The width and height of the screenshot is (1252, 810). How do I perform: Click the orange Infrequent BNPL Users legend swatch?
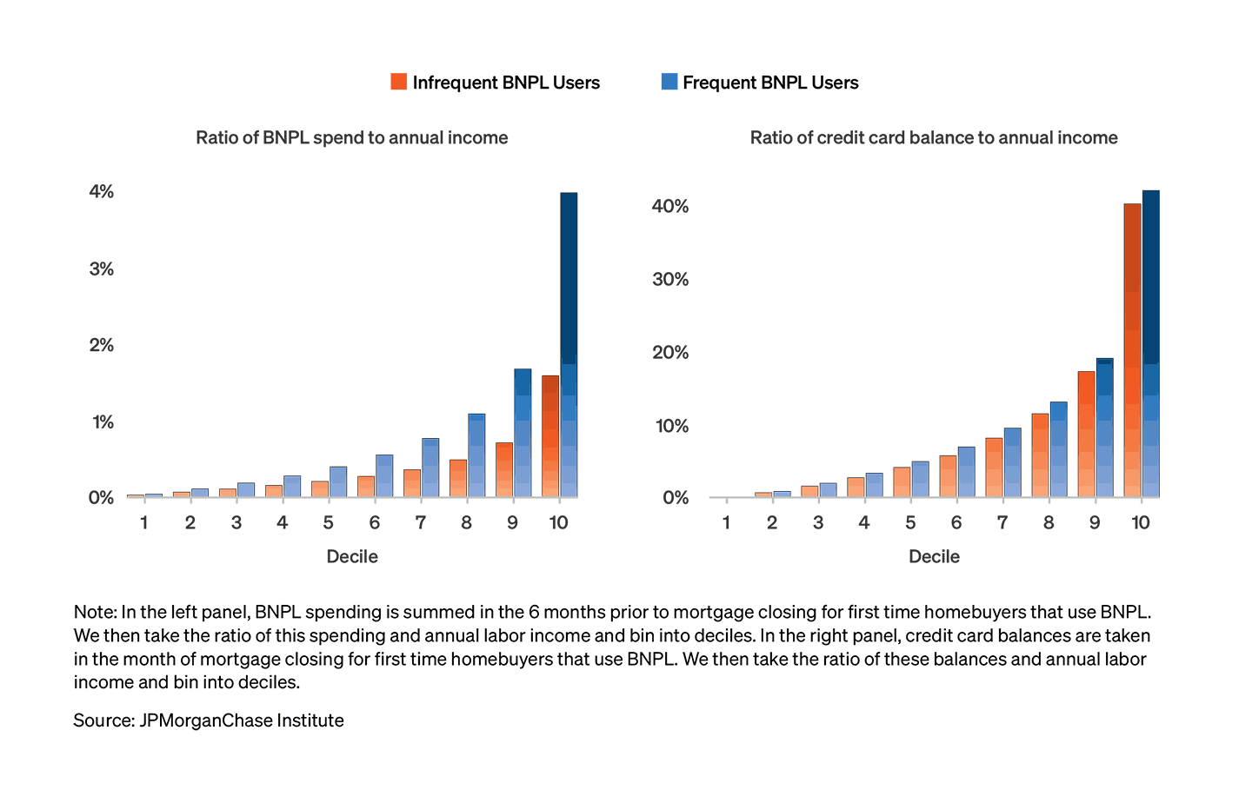coord(399,83)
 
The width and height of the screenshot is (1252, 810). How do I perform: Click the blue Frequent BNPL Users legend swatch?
coord(669,83)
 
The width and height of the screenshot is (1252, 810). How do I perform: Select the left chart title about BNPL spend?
coord(351,137)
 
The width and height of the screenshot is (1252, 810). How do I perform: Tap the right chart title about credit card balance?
coord(934,137)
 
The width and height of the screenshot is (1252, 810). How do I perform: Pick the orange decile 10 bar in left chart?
coord(550,436)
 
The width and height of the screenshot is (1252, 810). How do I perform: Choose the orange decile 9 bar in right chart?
coord(1086,434)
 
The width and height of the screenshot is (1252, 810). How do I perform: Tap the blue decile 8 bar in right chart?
coord(1058,449)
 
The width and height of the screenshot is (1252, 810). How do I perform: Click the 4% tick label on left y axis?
coord(101,191)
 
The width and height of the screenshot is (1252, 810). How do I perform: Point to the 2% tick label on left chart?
coord(101,345)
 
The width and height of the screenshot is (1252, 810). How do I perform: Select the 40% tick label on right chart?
coord(670,206)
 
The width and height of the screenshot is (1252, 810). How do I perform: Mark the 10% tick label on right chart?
coord(670,426)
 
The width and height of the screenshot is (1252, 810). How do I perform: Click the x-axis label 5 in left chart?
coord(328,522)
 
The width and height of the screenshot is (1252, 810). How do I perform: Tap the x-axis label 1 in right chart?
coord(726,522)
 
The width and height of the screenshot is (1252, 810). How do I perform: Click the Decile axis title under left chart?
coord(351,556)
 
